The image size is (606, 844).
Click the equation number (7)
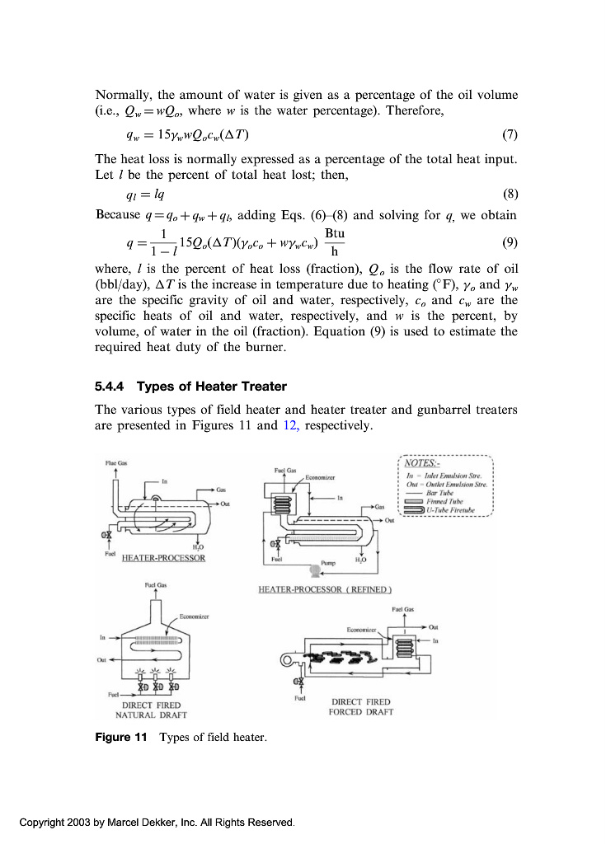[x=509, y=134]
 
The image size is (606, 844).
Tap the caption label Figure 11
[x=120, y=737]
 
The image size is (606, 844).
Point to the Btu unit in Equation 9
[x=335, y=234]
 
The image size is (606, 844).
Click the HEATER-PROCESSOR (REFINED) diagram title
[x=325, y=589]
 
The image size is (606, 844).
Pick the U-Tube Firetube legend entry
[x=458, y=510]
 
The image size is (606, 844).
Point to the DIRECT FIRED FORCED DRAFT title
[x=360, y=706]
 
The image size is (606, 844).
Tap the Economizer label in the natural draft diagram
[x=194, y=617]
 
